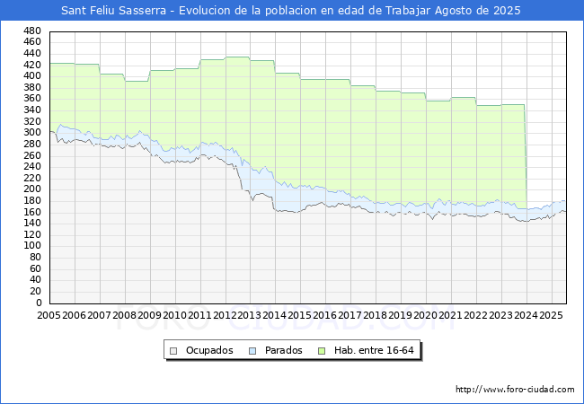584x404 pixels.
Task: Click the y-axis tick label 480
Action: (x=32, y=31)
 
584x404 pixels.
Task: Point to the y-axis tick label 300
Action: (x=32, y=133)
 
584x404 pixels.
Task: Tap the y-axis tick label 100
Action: (x=32, y=245)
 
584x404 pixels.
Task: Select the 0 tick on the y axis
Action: (x=39, y=303)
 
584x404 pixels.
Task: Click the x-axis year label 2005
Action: (x=49, y=315)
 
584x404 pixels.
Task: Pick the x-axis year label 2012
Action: (x=225, y=315)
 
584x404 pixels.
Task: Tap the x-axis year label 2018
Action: (x=375, y=315)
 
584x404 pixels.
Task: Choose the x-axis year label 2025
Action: (x=551, y=315)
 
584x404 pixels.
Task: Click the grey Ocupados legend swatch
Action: (x=173, y=351)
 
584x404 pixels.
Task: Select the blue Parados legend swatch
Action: (x=252, y=351)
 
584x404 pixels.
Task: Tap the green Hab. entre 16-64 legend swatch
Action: (x=322, y=351)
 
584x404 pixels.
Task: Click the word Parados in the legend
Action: (x=283, y=350)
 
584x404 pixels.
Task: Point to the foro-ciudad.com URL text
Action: (x=515, y=390)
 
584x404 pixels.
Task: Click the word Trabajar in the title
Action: (x=408, y=11)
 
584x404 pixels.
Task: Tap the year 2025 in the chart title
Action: (x=507, y=11)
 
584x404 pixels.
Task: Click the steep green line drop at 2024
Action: (x=526, y=156)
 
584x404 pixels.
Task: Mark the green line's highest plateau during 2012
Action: (x=237, y=57)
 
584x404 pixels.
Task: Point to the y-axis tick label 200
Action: (x=32, y=189)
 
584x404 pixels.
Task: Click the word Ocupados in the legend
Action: (x=209, y=350)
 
